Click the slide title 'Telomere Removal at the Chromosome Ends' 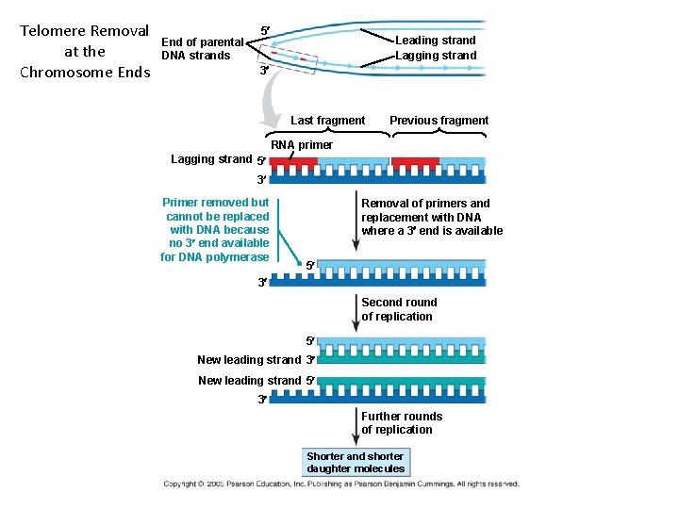85,51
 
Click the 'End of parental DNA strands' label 202,48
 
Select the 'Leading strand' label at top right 435,41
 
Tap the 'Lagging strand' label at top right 435,56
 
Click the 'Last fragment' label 327,121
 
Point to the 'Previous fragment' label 439,121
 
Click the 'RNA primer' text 302,145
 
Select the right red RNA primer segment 415,162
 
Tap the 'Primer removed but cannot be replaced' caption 216,230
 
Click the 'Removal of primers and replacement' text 431,217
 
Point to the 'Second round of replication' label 399,309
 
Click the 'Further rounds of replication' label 401,423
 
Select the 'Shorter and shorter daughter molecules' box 356,462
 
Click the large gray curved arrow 273,103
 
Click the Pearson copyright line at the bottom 340,484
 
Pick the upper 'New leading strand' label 249,359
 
